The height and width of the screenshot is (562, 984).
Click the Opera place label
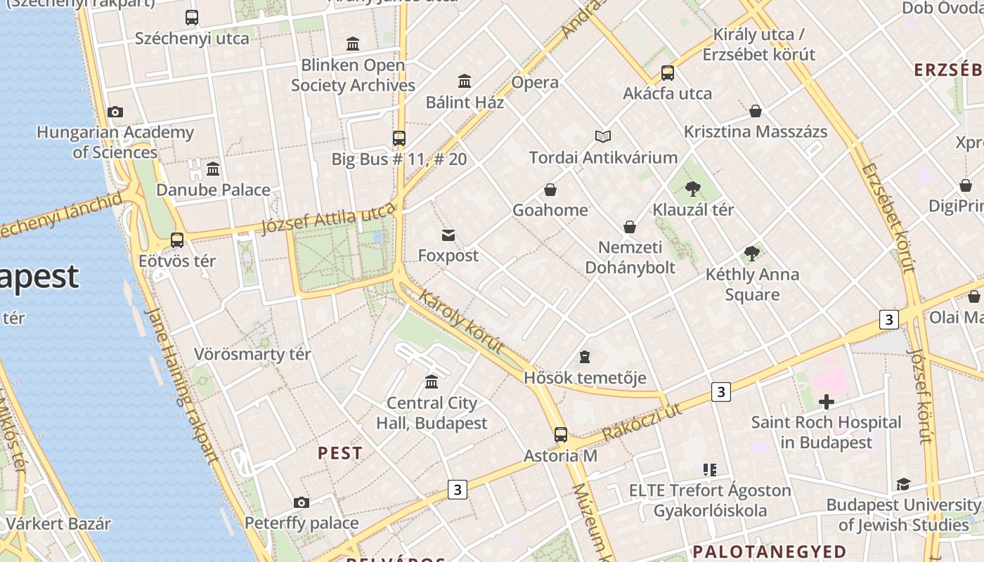coord(535,82)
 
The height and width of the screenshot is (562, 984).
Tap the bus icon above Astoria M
coord(560,435)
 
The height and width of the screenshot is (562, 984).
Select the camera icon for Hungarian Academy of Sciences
coord(115,112)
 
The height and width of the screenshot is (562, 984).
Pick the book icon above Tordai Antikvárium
coord(603,136)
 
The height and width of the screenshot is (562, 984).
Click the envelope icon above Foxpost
coord(448,235)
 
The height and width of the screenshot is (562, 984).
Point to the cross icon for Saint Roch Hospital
coord(827,402)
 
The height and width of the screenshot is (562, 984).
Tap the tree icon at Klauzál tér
coord(693,188)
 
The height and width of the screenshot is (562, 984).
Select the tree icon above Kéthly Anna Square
coord(752,254)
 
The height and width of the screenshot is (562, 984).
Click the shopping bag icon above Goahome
coord(550,190)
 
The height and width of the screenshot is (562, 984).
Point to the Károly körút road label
coord(461,320)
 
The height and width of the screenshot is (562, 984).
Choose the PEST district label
coord(340,453)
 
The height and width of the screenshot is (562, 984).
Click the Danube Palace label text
coord(213,190)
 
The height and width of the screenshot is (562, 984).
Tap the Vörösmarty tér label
coord(252,354)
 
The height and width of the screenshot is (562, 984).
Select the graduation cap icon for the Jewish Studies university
coord(903,485)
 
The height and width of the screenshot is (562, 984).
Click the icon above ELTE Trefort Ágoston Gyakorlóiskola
coord(710,469)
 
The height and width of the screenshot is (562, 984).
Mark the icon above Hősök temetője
coord(585,358)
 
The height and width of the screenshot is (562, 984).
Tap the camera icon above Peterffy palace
coord(302,502)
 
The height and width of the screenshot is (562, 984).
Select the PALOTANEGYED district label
coord(770,551)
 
